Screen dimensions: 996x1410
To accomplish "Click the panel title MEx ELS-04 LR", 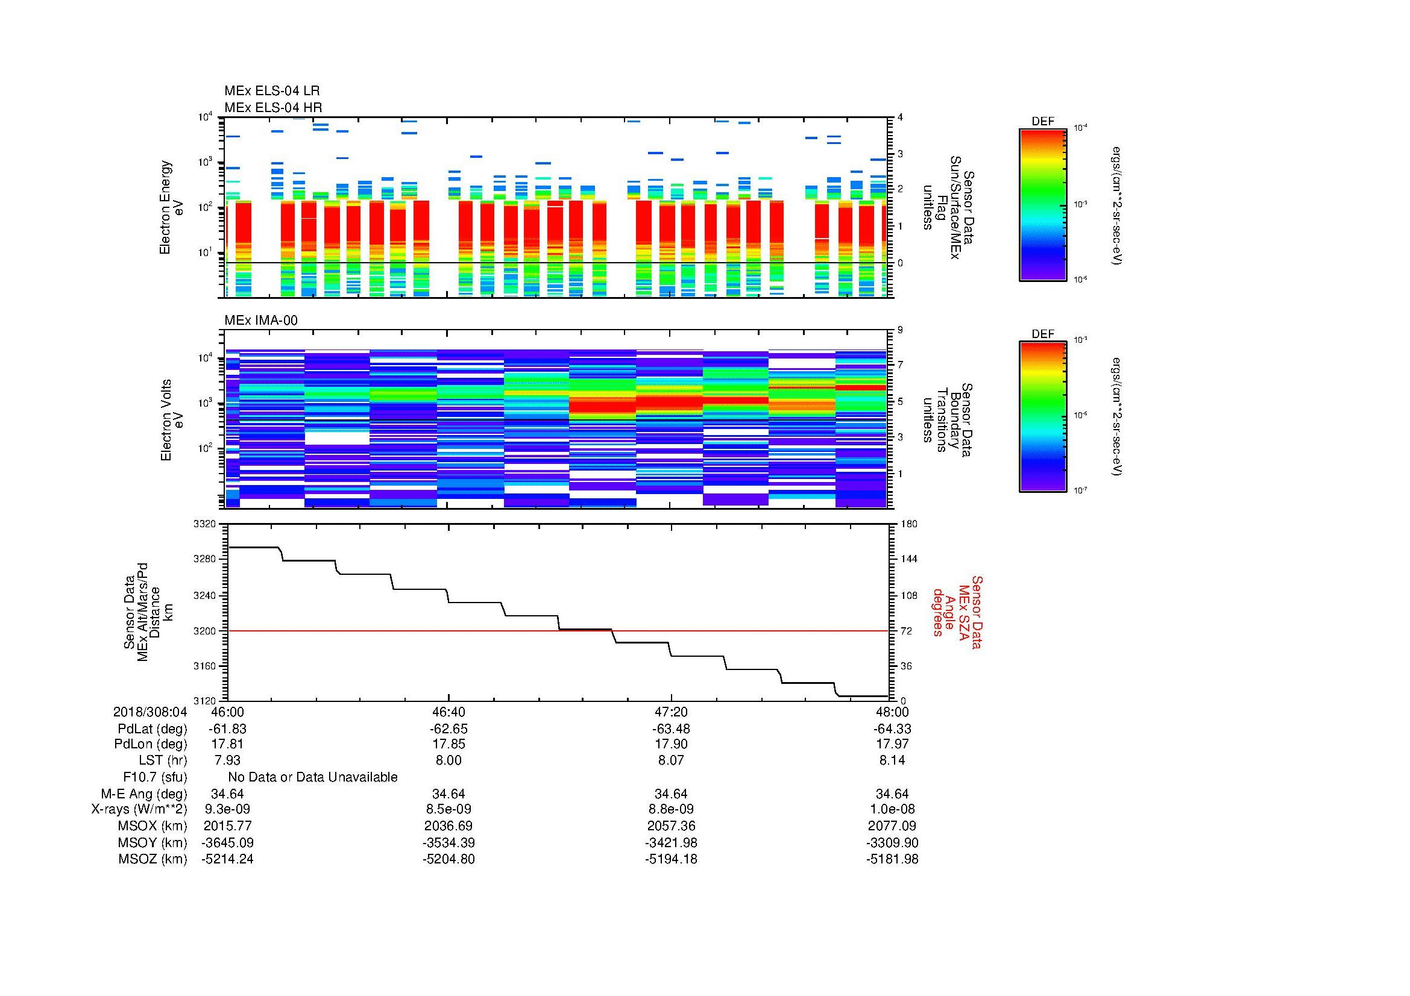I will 271,91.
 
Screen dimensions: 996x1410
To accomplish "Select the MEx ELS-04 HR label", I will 272,107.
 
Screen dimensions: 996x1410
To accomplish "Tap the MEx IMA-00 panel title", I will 260,321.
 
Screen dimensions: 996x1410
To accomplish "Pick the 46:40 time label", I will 448,712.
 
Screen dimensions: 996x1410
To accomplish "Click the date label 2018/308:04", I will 150,712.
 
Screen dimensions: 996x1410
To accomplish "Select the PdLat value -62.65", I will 448,728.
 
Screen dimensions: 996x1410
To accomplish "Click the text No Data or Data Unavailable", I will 313,777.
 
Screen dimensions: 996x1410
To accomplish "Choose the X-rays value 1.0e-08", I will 892,809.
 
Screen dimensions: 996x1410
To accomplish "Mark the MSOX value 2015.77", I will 227,826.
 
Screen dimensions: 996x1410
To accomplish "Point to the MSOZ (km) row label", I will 153,859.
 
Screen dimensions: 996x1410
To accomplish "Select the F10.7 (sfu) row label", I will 155,777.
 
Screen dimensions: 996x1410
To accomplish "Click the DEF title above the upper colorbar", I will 1042,122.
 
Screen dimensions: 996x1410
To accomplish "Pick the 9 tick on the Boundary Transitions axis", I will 900,330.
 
